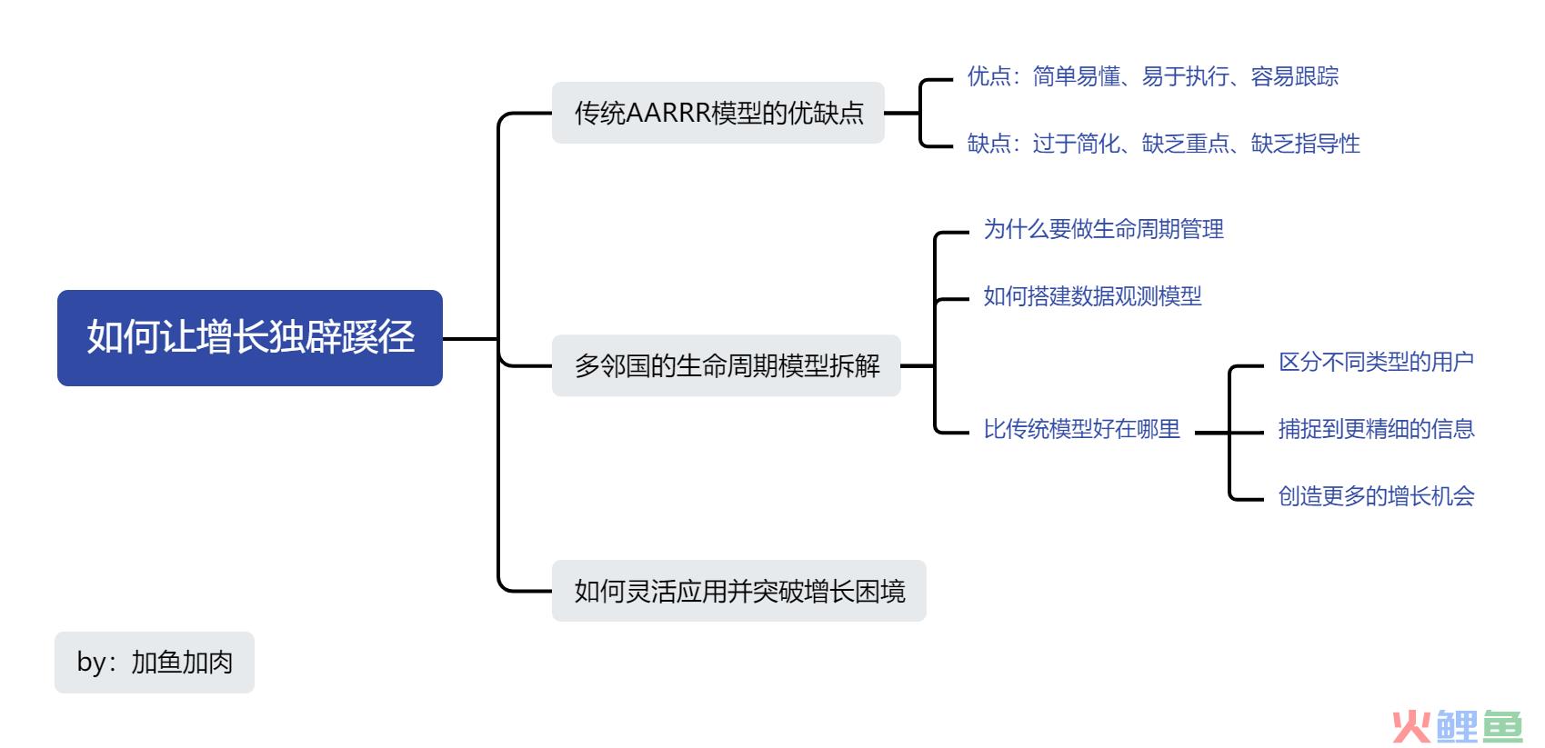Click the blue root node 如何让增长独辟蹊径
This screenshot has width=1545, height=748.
tap(250, 338)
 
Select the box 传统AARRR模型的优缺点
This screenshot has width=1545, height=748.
tap(718, 113)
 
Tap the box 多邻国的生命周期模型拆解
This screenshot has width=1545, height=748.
tap(727, 365)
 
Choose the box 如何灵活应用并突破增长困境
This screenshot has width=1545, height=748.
tap(738, 591)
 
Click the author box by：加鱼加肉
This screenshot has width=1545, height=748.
tap(155, 662)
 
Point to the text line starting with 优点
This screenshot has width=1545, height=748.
tap(1152, 75)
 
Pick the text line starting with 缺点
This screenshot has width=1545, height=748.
tap(1164, 144)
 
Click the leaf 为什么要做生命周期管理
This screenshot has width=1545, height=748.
tap(1104, 229)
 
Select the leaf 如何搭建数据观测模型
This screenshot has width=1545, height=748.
tap(1092, 295)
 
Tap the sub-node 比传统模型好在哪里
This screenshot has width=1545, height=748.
tap(1081, 429)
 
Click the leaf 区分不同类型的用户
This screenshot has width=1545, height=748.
tap(1376, 361)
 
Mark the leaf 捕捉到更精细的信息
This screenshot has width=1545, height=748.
tap(1376, 429)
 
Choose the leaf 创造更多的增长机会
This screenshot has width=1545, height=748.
tap(1376, 495)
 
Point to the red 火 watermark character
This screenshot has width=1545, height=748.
tap(1410, 726)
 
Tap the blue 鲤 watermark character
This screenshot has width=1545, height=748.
tap(1457, 726)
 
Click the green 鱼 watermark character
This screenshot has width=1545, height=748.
tap(1502, 726)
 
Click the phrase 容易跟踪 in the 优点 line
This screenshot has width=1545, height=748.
tap(1295, 75)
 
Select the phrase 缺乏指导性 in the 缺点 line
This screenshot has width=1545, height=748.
tap(1305, 144)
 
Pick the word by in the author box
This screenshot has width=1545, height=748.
tap(92, 663)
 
